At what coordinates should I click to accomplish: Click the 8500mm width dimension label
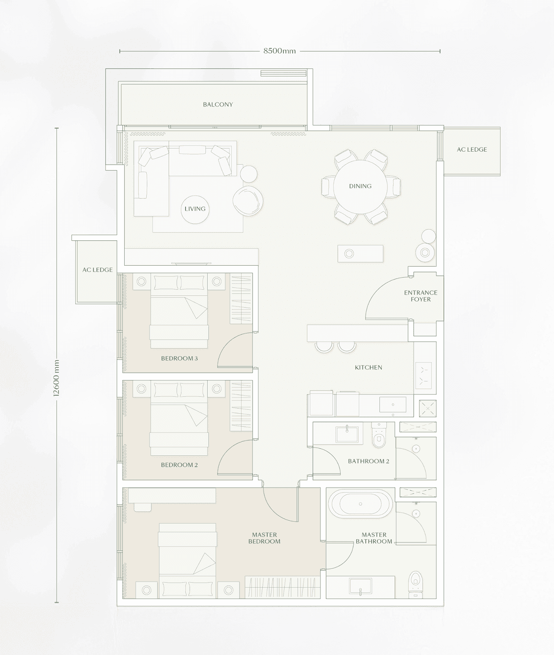pyautogui.click(x=279, y=51)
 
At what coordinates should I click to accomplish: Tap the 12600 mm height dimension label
pyautogui.click(x=56, y=378)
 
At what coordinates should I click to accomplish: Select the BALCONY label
pyautogui.click(x=218, y=105)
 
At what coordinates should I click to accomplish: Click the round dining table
pyautogui.click(x=360, y=186)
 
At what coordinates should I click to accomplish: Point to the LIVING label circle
pyautogui.click(x=195, y=209)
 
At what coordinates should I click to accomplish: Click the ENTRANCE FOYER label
pyautogui.click(x=421, y=296)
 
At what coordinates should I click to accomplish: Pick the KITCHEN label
pyautogui.click(x=368, y=368)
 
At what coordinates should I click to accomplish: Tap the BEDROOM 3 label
pyautogui.click(x=180, y=358)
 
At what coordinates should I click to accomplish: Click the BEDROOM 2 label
pyautogui.click(x=179, y=465)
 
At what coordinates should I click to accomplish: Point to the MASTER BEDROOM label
pyautogui.click(x=265, y=538)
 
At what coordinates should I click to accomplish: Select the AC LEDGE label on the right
pyautogui.click(x=472, y=149)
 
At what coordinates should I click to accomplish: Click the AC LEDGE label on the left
pyautogui.click(x=97, y=270)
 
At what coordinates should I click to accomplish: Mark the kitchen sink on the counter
pyautogui.click(x=393, y=405)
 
